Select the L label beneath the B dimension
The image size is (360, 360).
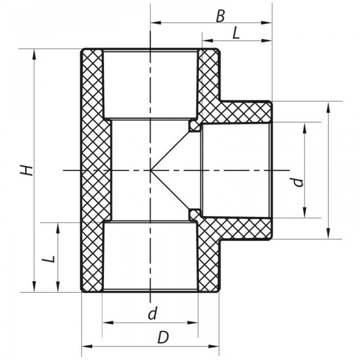click(236, 33)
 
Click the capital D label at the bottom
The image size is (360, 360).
click(163, 338)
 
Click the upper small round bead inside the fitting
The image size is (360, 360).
click(194, 125)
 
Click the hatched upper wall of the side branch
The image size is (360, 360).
click(242, 112)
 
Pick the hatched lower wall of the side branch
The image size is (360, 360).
click(242, 228)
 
